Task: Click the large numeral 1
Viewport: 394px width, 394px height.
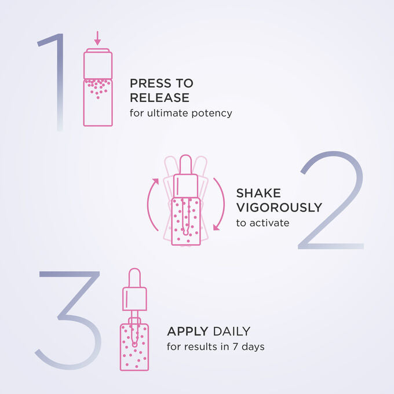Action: coord(60,83)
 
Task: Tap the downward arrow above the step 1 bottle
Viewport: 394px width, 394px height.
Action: coord(97,38)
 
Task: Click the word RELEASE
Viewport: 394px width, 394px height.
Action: coord(159,97)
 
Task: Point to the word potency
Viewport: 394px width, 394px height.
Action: coord(211,114)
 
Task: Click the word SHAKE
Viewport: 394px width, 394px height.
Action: coord(258,193)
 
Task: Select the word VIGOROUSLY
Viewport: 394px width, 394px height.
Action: coord(279,207)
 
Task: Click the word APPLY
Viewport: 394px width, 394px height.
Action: coord(188,331)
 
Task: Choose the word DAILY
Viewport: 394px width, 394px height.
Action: coord(231,331)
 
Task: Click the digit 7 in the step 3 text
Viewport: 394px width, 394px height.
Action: coord(235,346)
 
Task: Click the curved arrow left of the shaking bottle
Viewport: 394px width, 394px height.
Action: coord(152,204)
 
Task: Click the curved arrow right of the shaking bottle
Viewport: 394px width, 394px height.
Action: coord(219,204)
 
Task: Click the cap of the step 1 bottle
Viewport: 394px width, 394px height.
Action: coord(98,63)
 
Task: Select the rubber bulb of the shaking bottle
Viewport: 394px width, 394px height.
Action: coord(185,165)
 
